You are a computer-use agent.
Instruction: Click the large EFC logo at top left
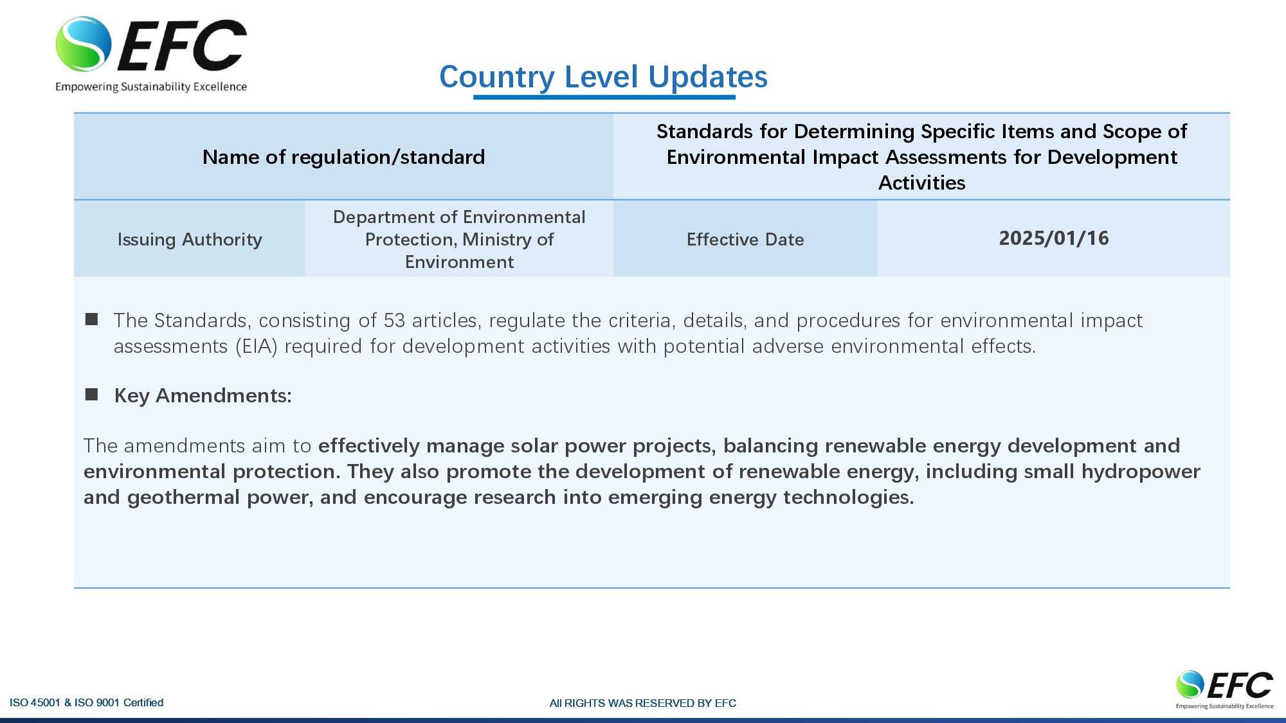pyautogui.click(x=151, y=54)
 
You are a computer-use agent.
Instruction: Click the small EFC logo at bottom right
pyautogui.click(x=1224, y=689)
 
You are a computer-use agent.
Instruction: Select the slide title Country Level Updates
pyautogui.click(x=603, y=77)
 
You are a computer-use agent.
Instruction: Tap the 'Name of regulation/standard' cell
pyautogui.click(x=343, y=157)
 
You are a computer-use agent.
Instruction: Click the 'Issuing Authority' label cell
pyautogui.click(x=190, y=239)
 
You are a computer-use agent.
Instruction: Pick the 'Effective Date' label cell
pyautogui.click(x=745, y=239)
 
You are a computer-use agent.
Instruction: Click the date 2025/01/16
pyautogui.click(x=1054, y=238)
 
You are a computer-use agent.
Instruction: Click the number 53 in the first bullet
pyautogui.click(x=394, y=320)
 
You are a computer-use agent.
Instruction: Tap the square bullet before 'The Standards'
pyautogui.click(x=91, y=319)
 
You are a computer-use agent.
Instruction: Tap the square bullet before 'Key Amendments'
pyautogui.click(x=91, y=395)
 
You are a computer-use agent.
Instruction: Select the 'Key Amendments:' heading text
pyautogui.click(x=203, y=395)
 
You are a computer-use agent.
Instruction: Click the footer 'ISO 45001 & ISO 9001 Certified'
pyautogui.click(x=86, y=702)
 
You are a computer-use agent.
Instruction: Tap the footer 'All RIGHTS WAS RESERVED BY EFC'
pyautogui.click(x=643, y=703)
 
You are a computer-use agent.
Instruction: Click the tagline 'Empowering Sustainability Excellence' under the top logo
pyautogui.click(x=151, y=87)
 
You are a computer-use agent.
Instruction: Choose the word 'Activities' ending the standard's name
pyautogui.click(x=922, y=183)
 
